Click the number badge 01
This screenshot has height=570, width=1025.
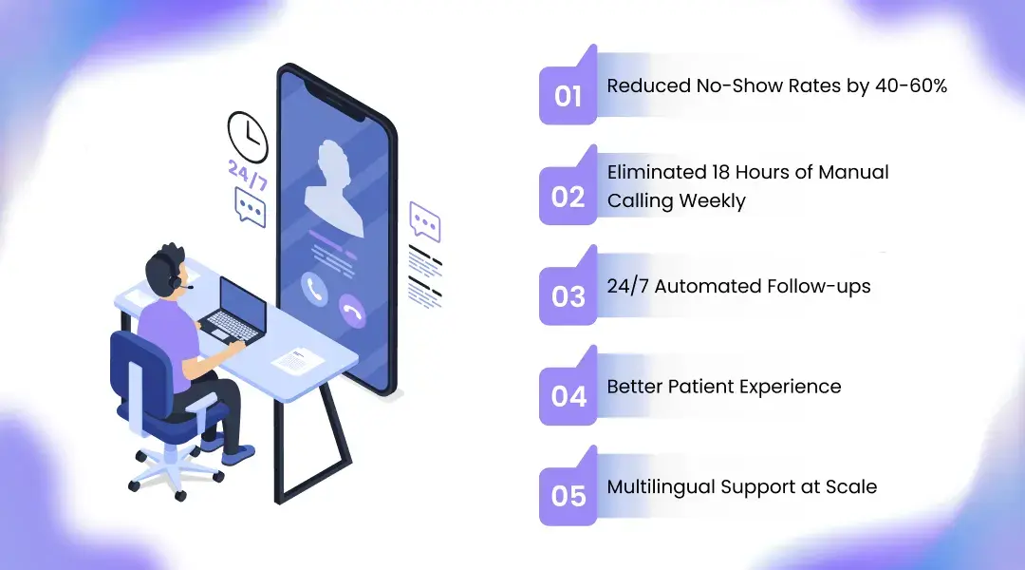568,96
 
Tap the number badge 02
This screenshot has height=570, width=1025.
568,196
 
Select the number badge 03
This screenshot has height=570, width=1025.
568,296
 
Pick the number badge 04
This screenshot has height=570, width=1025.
568,395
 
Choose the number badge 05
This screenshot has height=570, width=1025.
568,496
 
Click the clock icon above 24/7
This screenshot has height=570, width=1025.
248,137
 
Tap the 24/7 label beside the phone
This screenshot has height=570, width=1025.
247,176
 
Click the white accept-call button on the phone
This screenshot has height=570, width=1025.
314,288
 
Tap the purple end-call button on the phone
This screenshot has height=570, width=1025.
353,313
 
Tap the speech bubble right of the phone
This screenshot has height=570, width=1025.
424,221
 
